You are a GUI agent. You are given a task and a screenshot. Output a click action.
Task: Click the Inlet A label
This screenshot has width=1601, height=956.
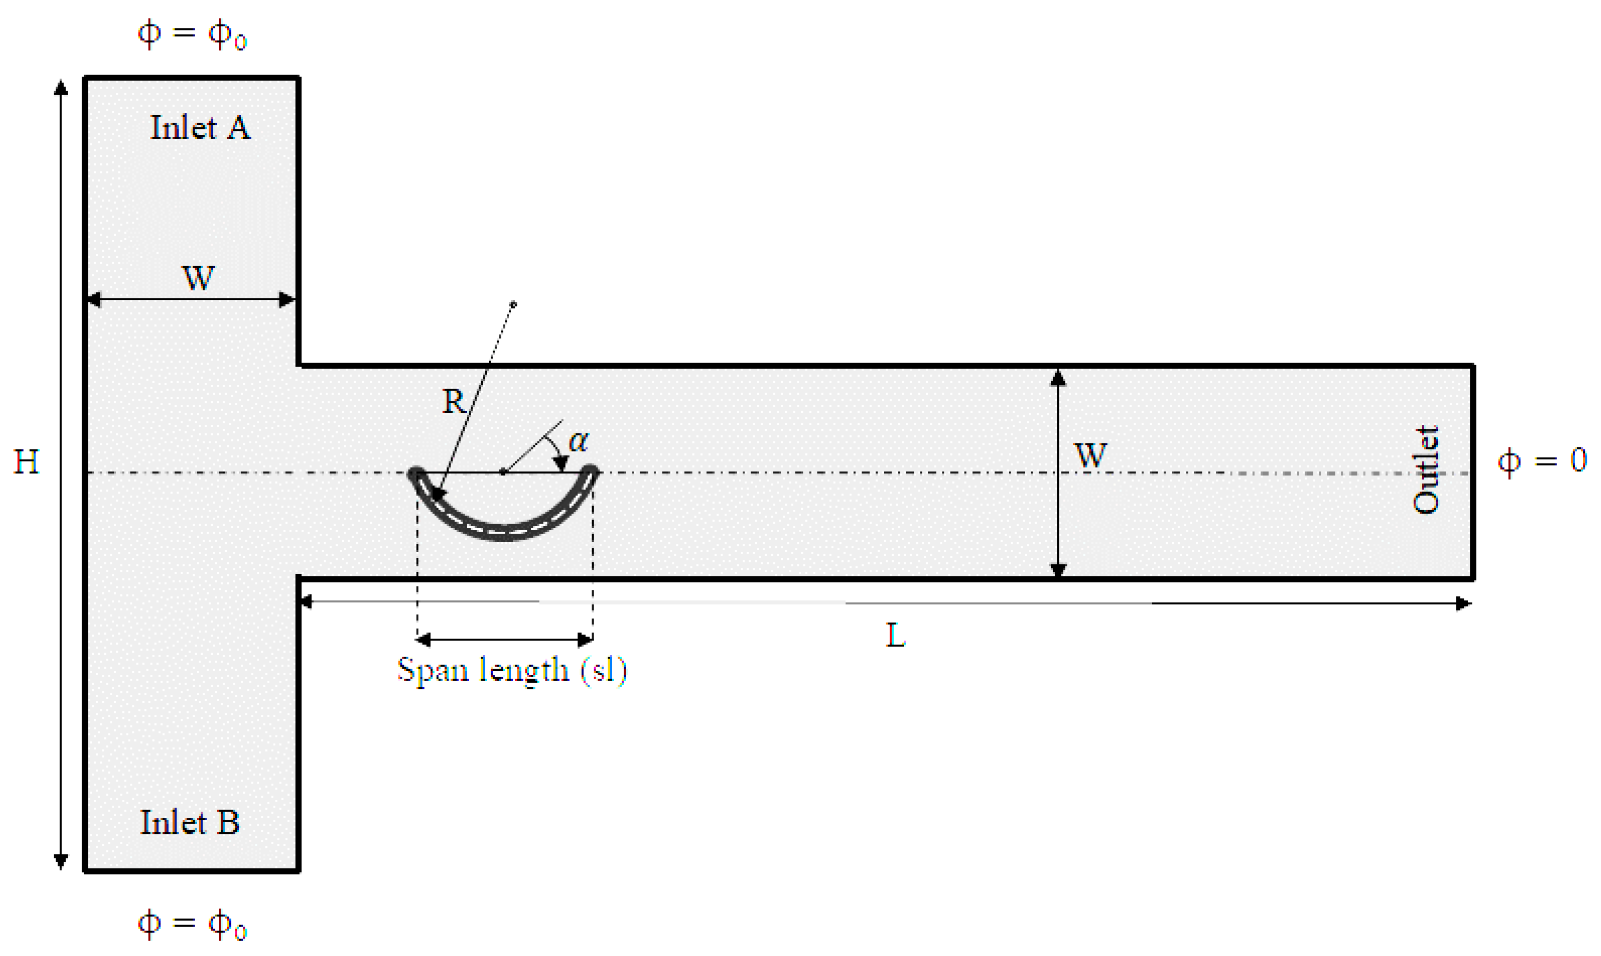(200, 127)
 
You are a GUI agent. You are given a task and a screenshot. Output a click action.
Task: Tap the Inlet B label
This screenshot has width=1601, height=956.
(190, 823)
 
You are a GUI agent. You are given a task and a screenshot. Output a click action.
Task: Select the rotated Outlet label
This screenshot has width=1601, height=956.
(1425, 470)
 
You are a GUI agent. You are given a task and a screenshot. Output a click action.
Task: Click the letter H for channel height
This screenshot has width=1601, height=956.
(26, 462)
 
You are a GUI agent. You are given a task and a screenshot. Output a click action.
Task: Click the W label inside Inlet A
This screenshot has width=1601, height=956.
(198, 278)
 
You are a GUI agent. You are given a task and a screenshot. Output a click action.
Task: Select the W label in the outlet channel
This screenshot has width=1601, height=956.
(1090, 456)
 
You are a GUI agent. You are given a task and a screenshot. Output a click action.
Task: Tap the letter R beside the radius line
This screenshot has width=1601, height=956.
(454, 402)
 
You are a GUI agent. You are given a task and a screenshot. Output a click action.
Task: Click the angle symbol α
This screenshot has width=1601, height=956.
(578, 442)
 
